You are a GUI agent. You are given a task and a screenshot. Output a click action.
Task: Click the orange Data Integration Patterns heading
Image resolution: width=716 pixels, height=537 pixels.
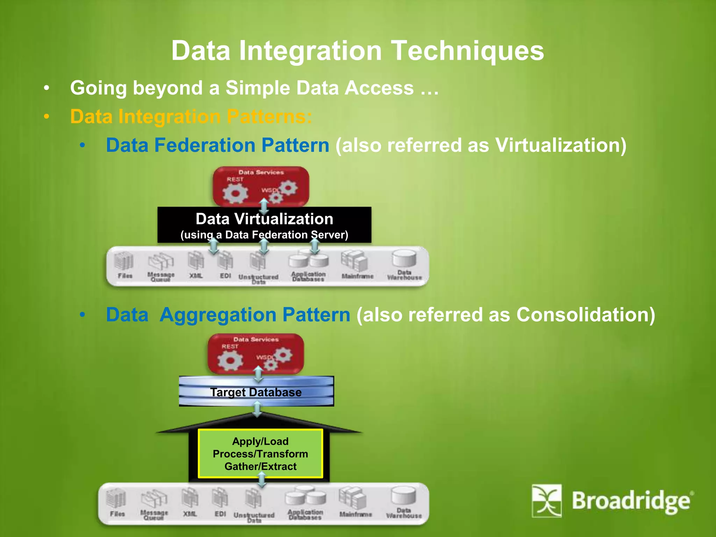pos(191,116)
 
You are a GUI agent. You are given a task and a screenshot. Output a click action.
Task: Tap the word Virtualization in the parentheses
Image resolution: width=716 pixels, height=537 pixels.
pos(558,145)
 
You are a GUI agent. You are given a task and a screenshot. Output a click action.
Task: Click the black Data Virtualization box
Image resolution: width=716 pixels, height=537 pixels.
pos(264,225)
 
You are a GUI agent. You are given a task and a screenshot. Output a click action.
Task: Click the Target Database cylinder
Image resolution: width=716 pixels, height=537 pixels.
pos(256,392)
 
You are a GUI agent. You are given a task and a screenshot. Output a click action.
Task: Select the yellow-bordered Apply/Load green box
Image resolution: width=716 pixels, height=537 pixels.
pos(260,453)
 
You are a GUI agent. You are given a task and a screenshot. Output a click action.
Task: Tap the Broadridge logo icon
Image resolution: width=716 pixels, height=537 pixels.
pos(546,500)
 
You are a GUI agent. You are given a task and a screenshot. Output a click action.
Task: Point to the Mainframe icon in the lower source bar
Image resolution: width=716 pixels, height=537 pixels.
pos(353,498)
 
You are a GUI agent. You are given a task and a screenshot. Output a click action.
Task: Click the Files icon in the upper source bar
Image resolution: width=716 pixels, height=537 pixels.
pos(124,262)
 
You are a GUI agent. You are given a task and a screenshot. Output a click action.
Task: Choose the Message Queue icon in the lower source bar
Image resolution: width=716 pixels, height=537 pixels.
pos(154,499)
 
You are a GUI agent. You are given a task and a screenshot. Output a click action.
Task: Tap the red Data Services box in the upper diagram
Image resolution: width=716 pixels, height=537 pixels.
pos(261,186)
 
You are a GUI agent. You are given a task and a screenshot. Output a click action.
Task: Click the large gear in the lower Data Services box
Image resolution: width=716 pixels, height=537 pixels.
pos(230,360)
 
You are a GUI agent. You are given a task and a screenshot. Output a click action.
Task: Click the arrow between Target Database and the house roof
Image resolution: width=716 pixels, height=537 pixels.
pos(257,409)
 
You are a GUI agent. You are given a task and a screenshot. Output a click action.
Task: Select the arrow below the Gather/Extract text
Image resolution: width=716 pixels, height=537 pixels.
pos(262,480)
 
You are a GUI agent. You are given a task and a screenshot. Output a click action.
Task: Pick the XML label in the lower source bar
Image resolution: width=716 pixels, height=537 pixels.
pos(190,514)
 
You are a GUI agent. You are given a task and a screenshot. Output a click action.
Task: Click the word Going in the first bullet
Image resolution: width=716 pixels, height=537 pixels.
pos(98,88)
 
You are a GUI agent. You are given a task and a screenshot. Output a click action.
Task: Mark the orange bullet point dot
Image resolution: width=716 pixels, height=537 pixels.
pos(46,117)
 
